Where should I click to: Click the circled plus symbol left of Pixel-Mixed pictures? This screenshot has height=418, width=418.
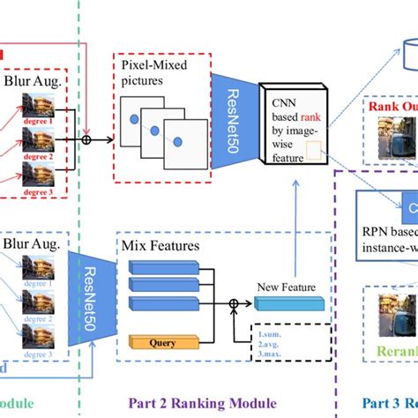click(x=86, y=139)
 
